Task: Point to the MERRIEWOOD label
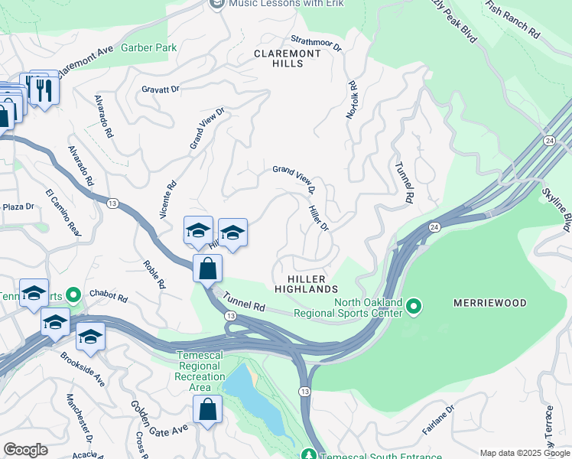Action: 490,303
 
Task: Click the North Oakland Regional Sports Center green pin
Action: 414,307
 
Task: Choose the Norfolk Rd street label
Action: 352,99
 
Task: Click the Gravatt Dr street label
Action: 161,90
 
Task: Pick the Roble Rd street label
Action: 154,274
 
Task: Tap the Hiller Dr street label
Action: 318,218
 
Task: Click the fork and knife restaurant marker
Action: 39,88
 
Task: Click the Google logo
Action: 25,450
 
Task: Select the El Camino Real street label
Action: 62,211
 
